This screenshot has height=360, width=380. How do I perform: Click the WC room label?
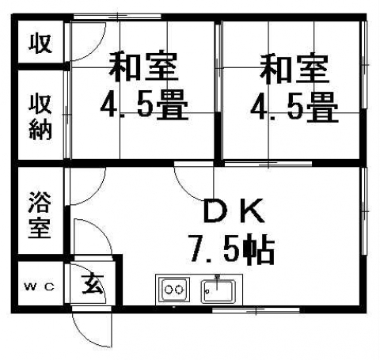coord(40,286)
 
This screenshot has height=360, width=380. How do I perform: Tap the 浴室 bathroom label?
coord(40,214)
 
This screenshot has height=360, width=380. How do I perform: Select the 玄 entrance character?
coord(93,283)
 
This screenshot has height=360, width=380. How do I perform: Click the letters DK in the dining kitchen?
coord(234,211)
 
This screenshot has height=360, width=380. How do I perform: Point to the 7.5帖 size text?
coord(231,249)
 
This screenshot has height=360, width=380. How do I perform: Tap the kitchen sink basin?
coord(218,291)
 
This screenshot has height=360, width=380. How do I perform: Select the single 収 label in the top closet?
coord(40,44)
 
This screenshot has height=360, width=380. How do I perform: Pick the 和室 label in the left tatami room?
coord(143,66)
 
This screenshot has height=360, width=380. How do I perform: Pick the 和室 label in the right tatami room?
coord(294,69)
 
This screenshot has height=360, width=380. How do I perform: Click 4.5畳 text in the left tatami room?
coord(144,105)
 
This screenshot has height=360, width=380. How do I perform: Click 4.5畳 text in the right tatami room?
coord(294,107)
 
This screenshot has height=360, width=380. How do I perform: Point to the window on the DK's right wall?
coord(364,211)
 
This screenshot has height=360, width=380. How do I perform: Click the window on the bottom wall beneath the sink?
coord(256,310)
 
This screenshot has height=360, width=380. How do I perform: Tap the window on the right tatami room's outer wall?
coord(364,65)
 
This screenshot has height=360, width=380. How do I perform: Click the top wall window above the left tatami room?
coord(117,17)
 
